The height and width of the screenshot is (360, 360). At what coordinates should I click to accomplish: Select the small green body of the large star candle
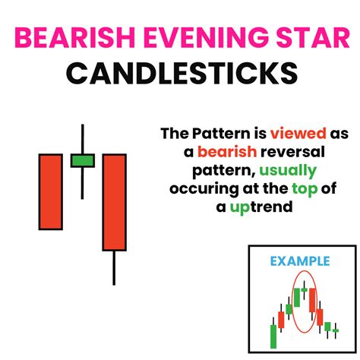click(x=82, y=160)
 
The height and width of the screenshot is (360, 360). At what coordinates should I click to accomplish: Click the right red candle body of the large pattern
click(x=114, y=202)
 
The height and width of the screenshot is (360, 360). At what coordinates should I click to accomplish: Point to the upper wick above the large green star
click(x=82, y=138)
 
